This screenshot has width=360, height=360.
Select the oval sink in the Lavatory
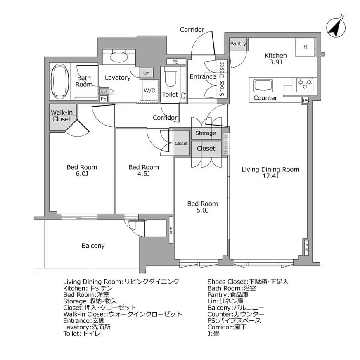[x=119, y=57]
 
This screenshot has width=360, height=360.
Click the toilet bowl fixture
[x=170, y=76]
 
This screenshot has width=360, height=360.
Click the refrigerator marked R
[x=305, y=47]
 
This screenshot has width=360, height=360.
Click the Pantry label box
[x=238, y=44]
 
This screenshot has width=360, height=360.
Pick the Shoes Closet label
[x=222, y=79]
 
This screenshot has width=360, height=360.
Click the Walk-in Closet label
[x=61, y=116]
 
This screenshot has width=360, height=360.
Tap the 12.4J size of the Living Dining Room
[x=270, y=176]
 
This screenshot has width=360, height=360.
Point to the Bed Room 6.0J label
[x=82, y=171]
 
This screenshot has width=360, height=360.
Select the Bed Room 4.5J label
[x=143, y=171]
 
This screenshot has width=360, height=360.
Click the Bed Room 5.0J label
[x=202, y=207]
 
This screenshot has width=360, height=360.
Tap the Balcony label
[x=93, y=246]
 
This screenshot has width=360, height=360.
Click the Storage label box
[x=205, y=133]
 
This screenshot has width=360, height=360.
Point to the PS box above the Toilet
[x=175, y=62]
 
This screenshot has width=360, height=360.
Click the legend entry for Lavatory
[x=87, y=327]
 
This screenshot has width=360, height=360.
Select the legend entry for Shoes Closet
[x=248, y=282]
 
